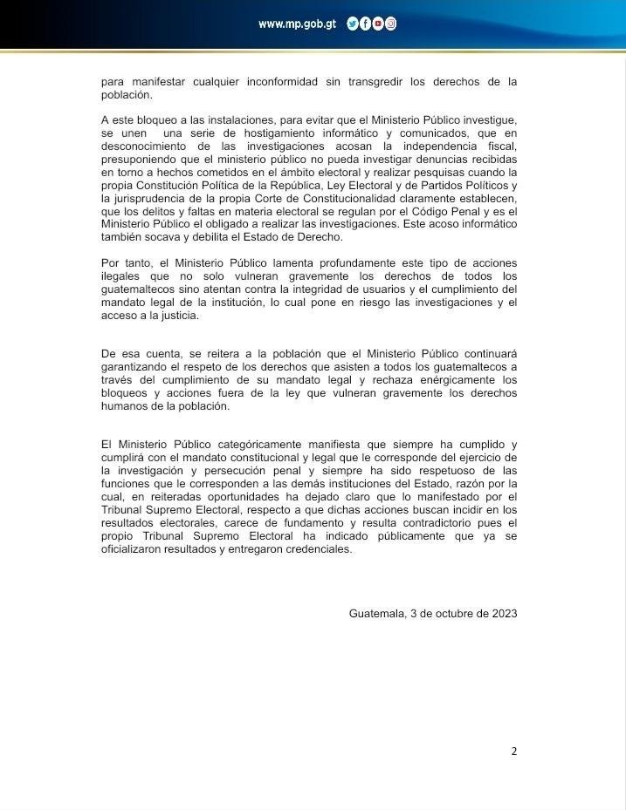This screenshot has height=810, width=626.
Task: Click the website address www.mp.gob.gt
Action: tap(297, 24)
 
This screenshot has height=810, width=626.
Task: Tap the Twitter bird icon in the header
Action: tap(353, 24)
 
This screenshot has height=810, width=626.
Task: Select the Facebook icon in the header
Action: tap(366, 24)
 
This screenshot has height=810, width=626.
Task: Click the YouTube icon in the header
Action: tap(378, 24)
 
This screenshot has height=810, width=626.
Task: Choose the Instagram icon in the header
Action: tap(390, 24)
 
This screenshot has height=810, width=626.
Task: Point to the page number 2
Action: tap(514, 751)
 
